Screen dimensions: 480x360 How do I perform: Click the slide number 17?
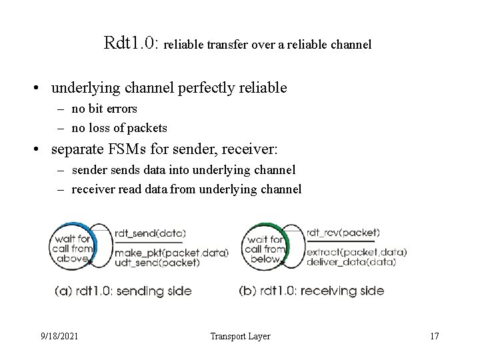435,336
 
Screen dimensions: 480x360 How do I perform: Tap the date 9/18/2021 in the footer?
59,336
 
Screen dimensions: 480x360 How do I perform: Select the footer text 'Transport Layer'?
240,336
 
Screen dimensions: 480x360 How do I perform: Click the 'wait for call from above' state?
73,249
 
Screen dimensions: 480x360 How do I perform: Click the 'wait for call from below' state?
265,249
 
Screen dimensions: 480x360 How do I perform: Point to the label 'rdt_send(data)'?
149,233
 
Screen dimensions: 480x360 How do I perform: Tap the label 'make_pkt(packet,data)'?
171,253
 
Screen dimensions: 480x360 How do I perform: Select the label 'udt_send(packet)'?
157,262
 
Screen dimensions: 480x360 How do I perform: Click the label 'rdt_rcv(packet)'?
343,233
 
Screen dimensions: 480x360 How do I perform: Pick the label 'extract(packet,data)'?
356,252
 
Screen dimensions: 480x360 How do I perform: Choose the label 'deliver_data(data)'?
351,261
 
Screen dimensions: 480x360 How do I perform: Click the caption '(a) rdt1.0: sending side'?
123,291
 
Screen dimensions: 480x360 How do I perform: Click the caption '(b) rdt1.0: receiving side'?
311,291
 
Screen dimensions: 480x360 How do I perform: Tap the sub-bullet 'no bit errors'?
104,109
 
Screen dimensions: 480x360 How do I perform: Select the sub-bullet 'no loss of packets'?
119,128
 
